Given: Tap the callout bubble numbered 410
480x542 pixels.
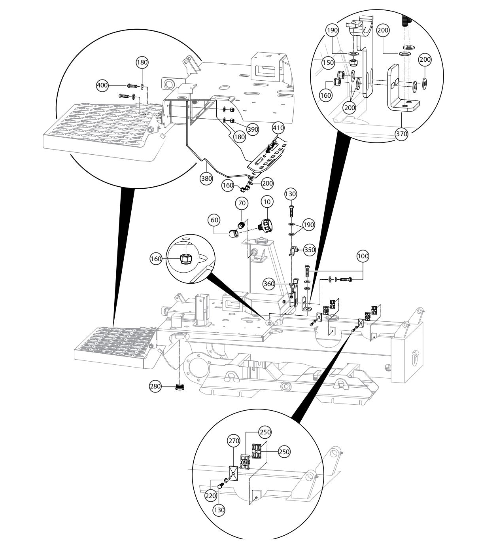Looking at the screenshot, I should click(278, 128).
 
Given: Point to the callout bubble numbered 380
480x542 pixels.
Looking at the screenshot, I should click(206, 178).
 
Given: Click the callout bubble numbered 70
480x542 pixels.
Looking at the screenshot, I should click(242, 203).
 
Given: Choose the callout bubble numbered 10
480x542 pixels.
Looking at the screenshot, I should click(267, 202).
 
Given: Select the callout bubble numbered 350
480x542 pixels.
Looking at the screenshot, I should click(310, 250).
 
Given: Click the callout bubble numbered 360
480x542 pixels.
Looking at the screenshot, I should click(270, 284).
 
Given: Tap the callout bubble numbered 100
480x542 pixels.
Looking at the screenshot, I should click(363, 256).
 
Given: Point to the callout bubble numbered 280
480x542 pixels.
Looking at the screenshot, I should click(155, 386).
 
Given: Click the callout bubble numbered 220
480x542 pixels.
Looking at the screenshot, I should click(211, 495).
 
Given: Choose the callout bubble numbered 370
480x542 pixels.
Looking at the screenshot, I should click(401, 134).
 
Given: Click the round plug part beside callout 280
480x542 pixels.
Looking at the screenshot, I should click(181, 387).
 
